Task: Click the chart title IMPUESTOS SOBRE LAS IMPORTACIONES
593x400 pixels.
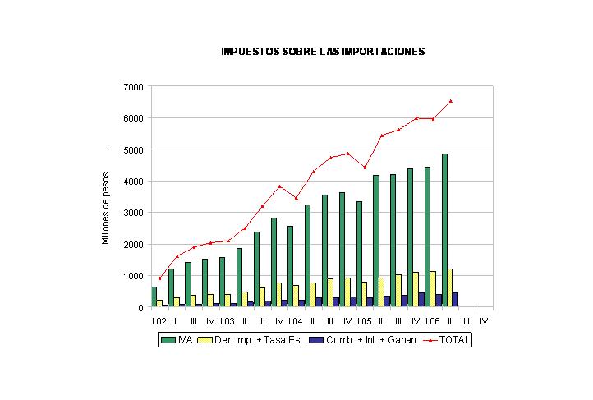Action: click(x=323, y=52)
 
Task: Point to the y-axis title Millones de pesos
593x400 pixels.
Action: click(x=105, y=209)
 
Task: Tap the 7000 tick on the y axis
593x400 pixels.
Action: click(x=134, y=87)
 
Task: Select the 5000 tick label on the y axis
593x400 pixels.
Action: click(x=134, y=150)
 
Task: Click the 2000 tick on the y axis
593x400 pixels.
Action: click(x=134, y=245)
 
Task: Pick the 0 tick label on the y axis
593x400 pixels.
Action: click(x=140, y=308)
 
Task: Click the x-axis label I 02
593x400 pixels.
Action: click(x=159, y=321)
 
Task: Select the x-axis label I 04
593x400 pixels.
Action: click(x=296, y=321)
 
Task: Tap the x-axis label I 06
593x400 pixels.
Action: click(x=433, y=321)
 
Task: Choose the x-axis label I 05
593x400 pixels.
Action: click(x=364, y=321)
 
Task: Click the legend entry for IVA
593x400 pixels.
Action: click(x=177, y=340)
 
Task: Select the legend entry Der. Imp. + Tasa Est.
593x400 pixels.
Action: click(x=251, y=340)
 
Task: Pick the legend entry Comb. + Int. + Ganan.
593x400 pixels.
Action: click(x=364, y=340)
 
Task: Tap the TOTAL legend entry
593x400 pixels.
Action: click(x=447, y=340)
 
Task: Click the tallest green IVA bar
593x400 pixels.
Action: click(x=444, y=230)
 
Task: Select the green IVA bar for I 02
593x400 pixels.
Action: click(x=154, y=297)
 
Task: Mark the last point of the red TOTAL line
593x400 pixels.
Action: click(x=450, y=101)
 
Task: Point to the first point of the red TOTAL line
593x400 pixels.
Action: click(x=159, y=278)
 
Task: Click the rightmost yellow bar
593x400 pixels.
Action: click(x=450, y=287)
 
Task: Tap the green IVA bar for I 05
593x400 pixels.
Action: click(x=359, y=254)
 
